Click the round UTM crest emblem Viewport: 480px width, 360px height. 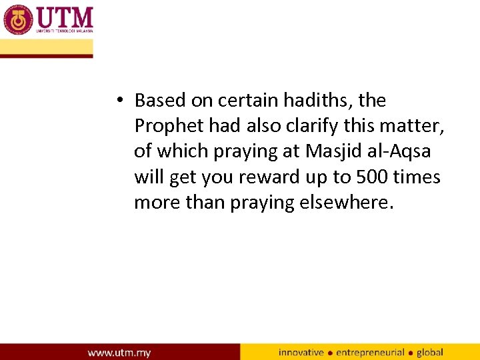click(18, 19)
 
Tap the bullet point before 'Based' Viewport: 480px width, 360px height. click(117, 101)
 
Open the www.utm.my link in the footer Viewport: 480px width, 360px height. click(119, 352)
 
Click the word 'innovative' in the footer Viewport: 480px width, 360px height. click(301, 352)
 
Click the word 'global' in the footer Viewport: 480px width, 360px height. click(430, 352)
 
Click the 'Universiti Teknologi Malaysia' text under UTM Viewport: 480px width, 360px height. click(65, 31)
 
